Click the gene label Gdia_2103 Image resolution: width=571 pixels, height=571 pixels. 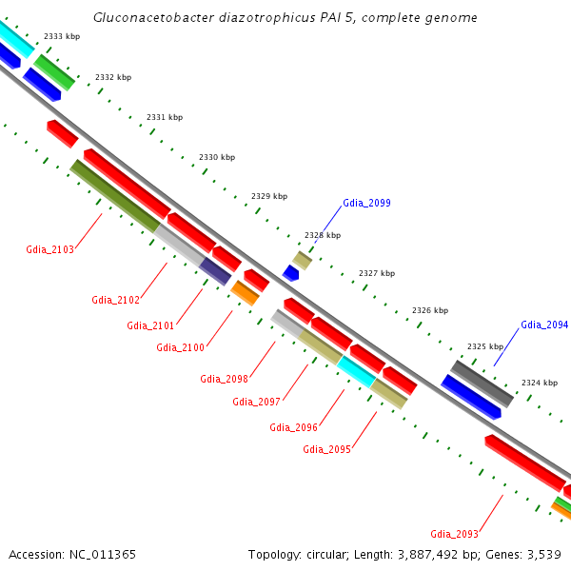point(49,249)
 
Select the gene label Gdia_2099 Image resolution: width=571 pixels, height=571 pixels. point(366,203)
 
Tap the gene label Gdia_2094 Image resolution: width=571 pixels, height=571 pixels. point(544,325)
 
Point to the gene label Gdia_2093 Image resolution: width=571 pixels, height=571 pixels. point(454,534)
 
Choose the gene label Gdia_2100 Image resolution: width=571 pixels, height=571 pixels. point(180,347)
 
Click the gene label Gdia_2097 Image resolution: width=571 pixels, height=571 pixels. point(256,402)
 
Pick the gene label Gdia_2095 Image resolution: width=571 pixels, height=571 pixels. point(326,449)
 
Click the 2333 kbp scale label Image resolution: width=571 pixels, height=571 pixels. point(61,36)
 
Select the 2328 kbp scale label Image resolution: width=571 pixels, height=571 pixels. point(322,235)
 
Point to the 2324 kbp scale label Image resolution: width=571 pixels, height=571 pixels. point(539,383)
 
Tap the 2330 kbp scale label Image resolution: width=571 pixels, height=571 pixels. point(216,157)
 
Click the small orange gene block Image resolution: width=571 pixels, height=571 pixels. point(246,293)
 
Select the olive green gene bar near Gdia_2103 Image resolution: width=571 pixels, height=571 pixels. point(115,195)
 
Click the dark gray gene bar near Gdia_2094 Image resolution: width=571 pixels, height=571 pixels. point(482,384)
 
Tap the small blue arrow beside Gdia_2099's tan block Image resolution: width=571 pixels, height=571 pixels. point(290,273)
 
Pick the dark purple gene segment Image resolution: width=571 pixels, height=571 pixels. point(216,271)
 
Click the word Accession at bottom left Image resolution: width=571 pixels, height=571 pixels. point(37,554)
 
